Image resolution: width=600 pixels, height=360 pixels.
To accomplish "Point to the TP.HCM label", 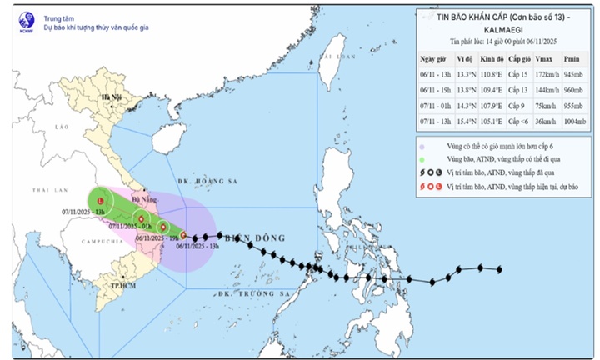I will click(x=124, y=285).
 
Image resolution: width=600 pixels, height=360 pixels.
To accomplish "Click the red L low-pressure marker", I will click(x=101, y=201).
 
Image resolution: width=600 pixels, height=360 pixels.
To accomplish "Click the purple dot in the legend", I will click(x=422, y=145).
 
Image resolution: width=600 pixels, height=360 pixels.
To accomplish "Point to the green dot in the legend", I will click(x=422, y=158).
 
